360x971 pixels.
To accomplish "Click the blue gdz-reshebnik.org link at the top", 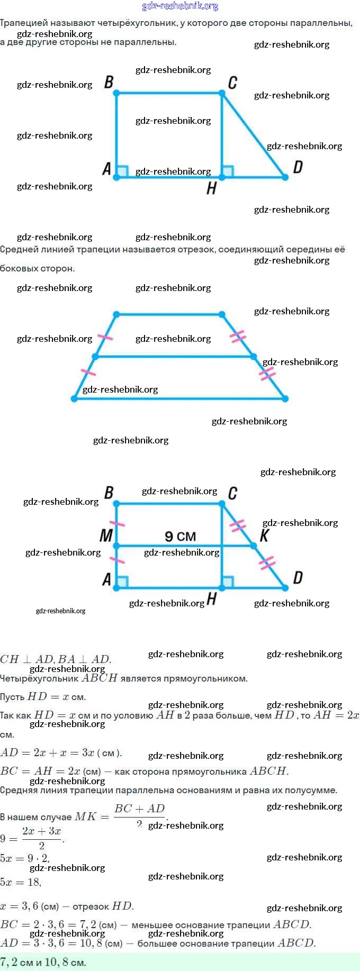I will [180, 6].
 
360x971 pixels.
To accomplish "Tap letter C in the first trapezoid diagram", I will [232, 83].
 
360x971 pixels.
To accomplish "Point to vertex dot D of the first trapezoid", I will [285, 177].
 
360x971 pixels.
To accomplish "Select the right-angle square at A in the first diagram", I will [122, 171].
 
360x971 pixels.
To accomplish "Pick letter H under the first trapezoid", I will [211, 188].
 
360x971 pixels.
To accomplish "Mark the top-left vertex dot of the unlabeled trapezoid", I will [116, 314].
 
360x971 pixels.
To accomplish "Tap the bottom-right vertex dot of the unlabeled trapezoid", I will [285, 398].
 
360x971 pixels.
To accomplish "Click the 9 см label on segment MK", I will [180, 537].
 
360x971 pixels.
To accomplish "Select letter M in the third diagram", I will [106, 536].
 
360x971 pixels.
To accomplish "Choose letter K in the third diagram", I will [264, 536].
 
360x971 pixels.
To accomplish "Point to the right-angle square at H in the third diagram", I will [228, 582].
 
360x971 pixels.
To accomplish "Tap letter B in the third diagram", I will [109, 493].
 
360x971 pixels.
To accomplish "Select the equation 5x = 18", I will [21, 882].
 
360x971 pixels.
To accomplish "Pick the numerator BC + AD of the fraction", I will [140, 809].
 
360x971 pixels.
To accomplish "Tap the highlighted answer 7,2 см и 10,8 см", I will [43, 962].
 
